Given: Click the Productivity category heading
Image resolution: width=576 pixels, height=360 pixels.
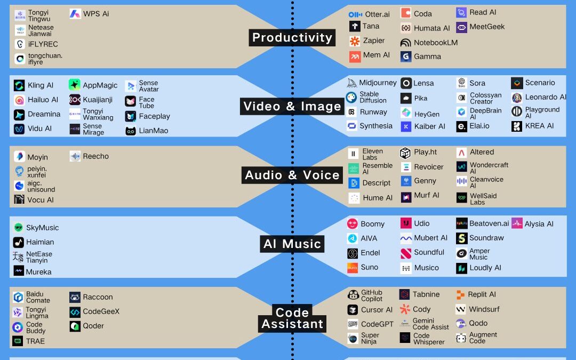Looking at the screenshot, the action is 292,37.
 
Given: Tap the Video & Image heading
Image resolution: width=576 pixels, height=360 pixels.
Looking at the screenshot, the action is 292,106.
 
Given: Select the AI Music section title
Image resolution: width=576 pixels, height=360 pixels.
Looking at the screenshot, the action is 292,244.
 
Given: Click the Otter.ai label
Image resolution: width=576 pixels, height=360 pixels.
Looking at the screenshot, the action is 377,14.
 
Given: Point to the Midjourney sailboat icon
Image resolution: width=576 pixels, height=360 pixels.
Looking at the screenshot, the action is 352,83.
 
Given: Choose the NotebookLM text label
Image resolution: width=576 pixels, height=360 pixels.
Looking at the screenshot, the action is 436,43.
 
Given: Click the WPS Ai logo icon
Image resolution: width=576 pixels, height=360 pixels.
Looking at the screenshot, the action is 75,14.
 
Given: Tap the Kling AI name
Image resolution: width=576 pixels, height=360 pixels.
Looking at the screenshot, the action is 41,85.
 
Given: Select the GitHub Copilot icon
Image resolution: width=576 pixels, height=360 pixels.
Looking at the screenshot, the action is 353,295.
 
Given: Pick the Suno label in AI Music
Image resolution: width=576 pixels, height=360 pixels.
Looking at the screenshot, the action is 369,267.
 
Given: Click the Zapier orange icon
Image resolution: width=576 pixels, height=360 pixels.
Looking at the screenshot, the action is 355,41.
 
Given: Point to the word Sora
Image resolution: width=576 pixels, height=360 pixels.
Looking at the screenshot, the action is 477,83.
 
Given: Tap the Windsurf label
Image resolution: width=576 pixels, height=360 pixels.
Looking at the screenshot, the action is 484,309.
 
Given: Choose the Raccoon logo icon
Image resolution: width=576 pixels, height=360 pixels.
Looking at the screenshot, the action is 75,298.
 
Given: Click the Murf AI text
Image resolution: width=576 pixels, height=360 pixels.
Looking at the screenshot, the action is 427,195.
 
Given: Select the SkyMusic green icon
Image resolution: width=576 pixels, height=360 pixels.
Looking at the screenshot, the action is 19,228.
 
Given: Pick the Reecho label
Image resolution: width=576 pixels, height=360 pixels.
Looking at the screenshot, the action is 96,156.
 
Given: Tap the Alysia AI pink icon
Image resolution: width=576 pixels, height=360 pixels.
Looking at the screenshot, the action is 517,223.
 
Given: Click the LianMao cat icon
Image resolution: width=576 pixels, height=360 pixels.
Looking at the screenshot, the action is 131,131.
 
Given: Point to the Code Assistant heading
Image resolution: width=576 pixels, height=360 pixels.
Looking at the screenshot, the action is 292,318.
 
